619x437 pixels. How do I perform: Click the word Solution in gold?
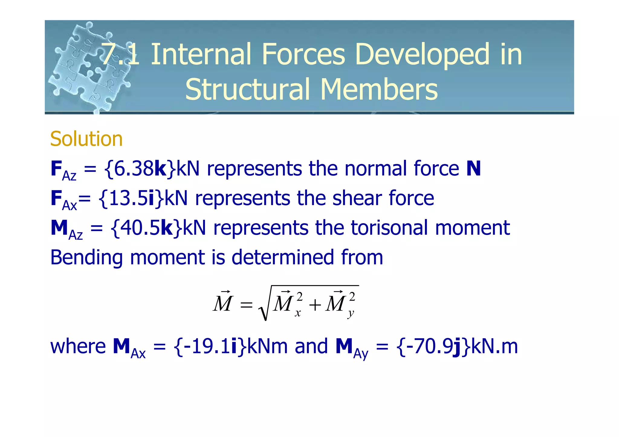click(x=86, y=139)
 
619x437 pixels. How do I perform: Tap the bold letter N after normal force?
click(x=473, y=169)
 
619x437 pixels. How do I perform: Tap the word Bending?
click(x=86, y=258)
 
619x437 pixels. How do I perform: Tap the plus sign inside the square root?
click(x=315, y=305)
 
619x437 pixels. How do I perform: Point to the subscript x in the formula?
click(x=298, y=313)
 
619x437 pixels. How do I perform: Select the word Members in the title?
click(x=379, y=89)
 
